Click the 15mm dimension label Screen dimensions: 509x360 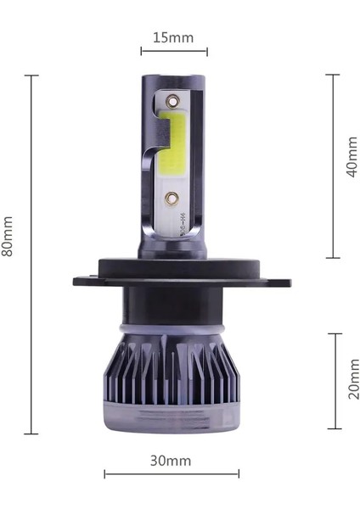pos(173,37)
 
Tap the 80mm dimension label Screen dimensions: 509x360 pos(8,237)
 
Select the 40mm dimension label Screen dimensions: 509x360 pos(352,157)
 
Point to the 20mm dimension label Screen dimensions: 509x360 pos(352,379)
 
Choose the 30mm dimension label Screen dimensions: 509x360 pos(171,461)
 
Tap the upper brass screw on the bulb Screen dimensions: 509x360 pos(173,99)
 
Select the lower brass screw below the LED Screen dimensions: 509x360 pos(172,199)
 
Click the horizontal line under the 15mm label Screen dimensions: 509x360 pos(173,52)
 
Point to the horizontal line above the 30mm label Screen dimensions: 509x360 pos(172,473)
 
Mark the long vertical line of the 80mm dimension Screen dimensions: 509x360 pos(31,255)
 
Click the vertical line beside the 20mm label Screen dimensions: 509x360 pos(334,380)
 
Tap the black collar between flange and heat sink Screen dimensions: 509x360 pos(173,305)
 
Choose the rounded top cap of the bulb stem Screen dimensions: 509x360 pos(173,80)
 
